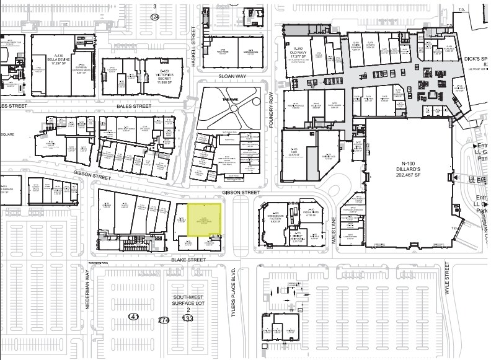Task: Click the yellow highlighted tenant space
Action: (x=203, y=219)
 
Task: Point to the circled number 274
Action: (x=164, y=320)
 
